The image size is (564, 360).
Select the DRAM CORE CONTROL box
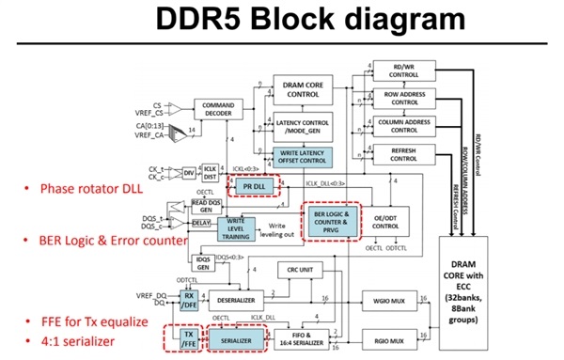[x=303, y=89]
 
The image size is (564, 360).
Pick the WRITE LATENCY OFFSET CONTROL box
[x=303, y=156]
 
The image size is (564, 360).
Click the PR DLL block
[x=254, y=186]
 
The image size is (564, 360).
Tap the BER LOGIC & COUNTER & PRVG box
[x=331, y=222]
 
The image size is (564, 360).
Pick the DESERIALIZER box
[x=235, y=303]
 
